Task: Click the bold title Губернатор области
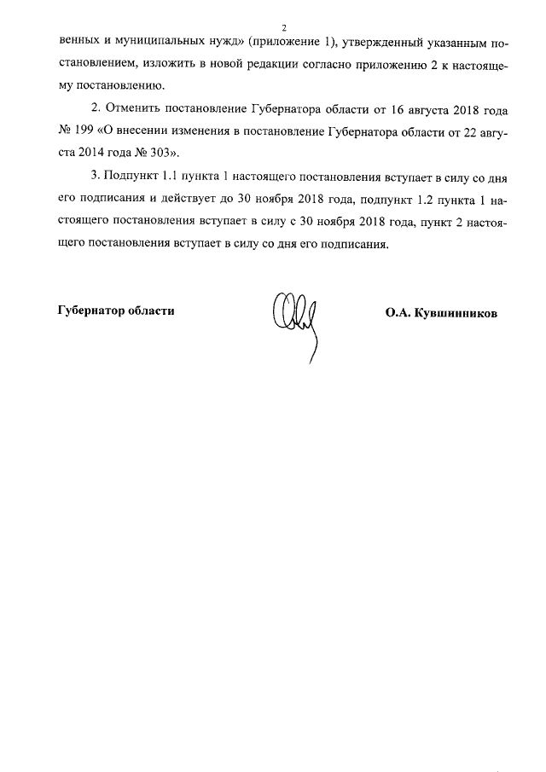pyautogui.click(x=116, y=311)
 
